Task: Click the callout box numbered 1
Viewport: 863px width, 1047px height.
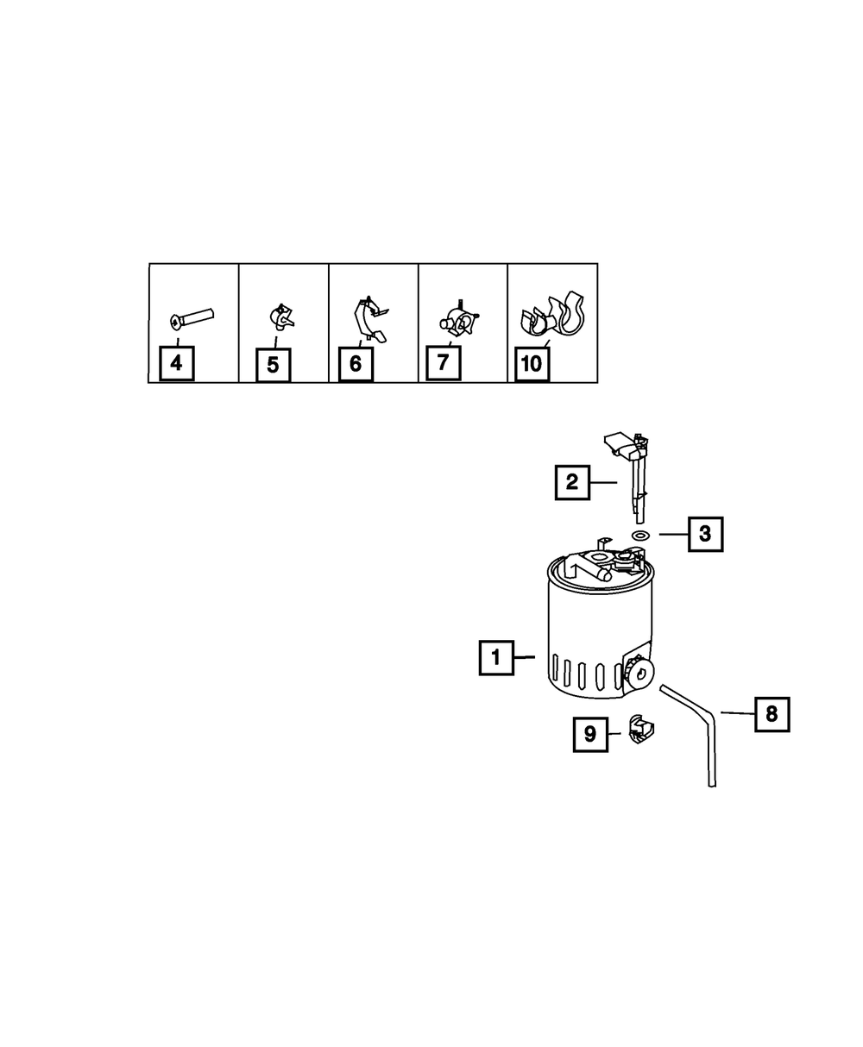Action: (496, 658)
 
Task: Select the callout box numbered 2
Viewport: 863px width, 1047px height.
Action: (571, 482)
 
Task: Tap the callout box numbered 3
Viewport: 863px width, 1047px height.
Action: (705, 534)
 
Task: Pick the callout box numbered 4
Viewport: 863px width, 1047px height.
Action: (176, 363)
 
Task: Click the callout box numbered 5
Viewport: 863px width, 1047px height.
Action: (273, 365)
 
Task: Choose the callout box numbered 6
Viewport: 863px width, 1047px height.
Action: (356, 364)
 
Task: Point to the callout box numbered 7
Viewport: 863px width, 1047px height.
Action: (443, 362)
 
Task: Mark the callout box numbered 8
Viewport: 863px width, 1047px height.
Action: (772, 713)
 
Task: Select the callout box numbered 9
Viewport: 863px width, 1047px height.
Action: (590, 734)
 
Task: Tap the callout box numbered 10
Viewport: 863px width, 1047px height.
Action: (532, 364)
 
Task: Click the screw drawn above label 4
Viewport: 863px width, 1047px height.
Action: (192, 318)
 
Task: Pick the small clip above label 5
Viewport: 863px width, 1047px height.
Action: (281, 317)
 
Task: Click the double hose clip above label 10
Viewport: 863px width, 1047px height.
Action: (553, 318)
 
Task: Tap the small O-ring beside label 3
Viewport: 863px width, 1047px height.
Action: (640, 536)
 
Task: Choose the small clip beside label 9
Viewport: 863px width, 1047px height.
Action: (641, 732)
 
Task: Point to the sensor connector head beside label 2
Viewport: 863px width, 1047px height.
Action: (625, 443)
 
